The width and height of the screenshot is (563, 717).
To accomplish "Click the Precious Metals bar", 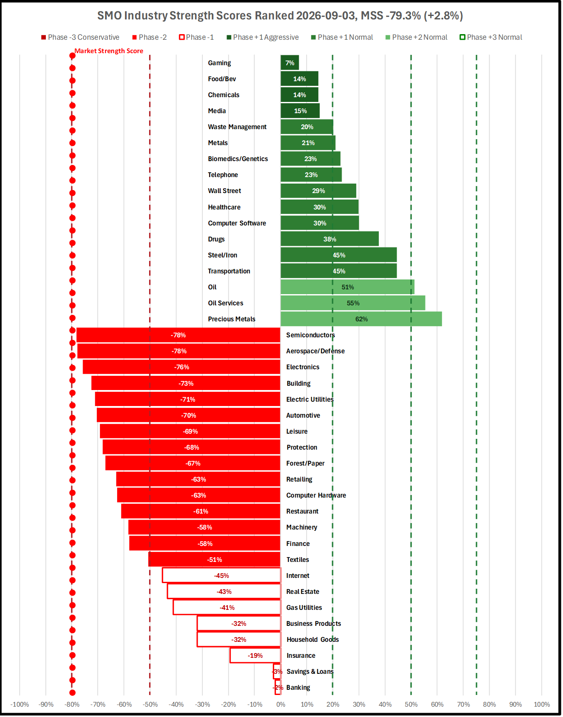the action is coord(361,319).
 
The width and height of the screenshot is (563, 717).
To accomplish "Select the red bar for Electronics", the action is coord(182,367).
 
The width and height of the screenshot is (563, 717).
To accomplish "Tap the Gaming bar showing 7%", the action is coord(290,63).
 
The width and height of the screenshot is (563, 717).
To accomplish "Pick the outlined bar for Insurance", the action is coord(255,655).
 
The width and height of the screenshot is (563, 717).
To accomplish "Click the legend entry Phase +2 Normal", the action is coord(416,37).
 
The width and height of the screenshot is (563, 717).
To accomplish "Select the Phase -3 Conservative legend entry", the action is coord(80,37).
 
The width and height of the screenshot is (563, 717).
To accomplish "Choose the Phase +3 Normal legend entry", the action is coord(491,37).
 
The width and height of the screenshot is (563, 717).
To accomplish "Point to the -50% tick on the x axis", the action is coord(150,704).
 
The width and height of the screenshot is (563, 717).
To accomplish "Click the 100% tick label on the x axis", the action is coord(542,704).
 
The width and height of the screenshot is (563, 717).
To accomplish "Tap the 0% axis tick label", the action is coord(281,704).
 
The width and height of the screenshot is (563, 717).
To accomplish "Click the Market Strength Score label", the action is coord(109,51).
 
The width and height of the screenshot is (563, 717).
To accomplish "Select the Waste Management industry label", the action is coord(237,127).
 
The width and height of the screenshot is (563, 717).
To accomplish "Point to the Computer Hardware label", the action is coord(316,495).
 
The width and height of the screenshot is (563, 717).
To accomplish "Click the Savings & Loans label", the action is coord(310,672).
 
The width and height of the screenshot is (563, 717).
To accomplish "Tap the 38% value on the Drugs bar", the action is coord(329,239).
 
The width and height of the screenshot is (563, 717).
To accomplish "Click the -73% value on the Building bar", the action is coord(186,384).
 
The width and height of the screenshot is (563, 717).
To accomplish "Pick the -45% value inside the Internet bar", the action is coord(221,575).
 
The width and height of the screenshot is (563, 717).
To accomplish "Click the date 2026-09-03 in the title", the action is coord(326,16).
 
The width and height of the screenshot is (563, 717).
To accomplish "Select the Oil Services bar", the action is coord(353,303).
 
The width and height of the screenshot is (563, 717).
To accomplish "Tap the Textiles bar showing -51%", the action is coord(214,560).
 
